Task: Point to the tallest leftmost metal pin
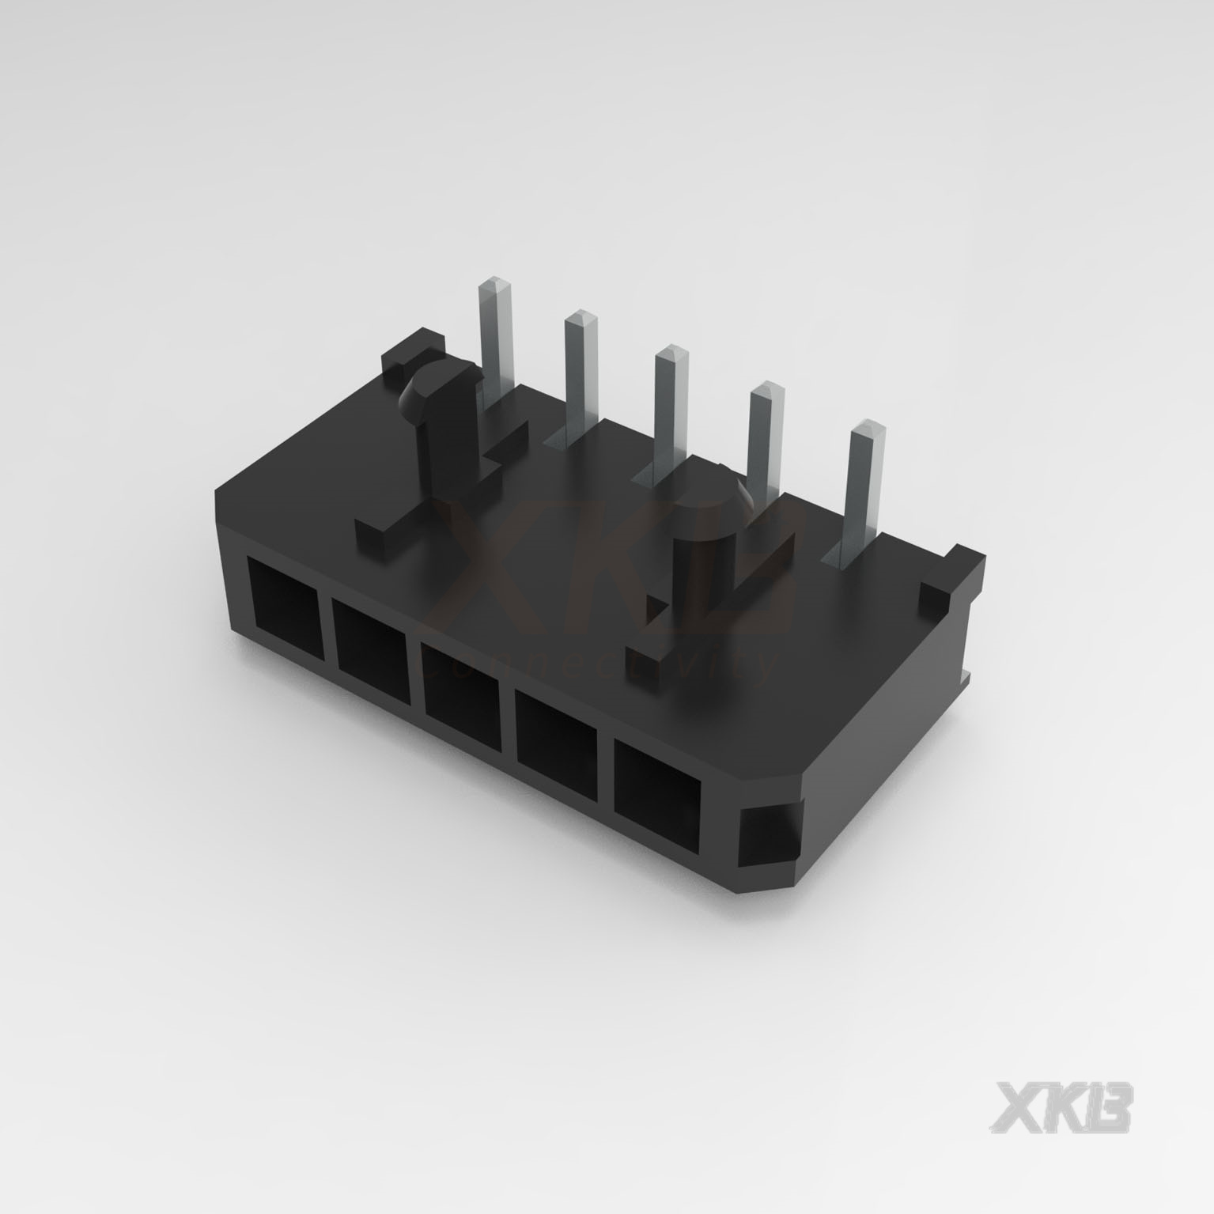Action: (x=497, y=332)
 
